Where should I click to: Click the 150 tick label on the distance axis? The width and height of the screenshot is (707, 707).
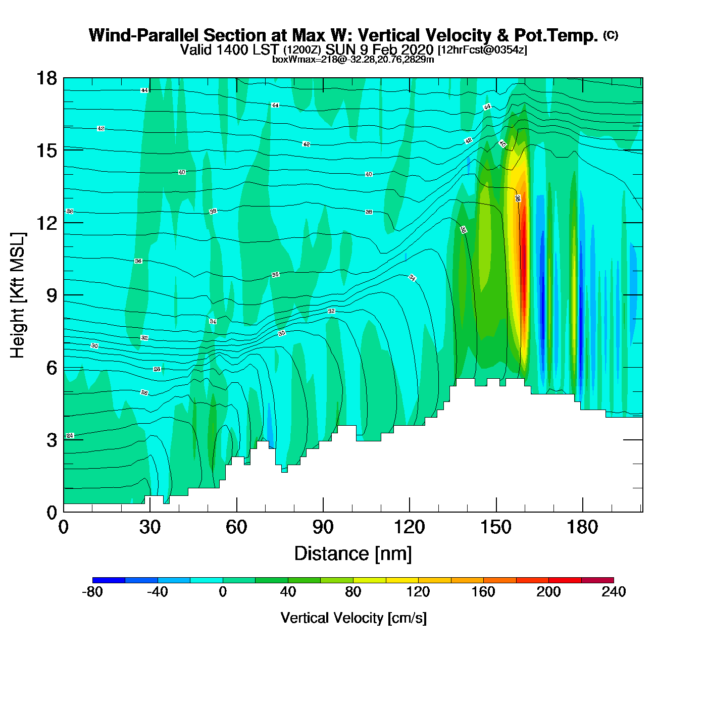click(x=496, y=527)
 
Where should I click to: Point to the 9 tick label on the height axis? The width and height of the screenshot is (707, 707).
click(x=52, y=295)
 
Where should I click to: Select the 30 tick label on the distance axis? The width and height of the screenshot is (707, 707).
click(x=150, y=527)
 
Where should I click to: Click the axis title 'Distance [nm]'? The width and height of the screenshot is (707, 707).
click(x=353, y=554)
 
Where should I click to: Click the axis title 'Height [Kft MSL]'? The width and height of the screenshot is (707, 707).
click(x=17, y=295)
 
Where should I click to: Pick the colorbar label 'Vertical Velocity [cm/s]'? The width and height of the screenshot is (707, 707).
click(x=353, y=618)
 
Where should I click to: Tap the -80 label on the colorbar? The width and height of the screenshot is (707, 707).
click(x=92, y=592)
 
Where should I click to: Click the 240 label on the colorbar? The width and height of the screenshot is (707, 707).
click(x=614, y=592)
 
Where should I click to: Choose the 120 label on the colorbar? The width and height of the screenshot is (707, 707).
click(x=418, y=592)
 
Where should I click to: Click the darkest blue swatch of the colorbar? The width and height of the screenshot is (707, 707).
click(x=109, y=580)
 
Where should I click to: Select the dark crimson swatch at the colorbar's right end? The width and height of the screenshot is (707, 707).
click(x=597, y=580)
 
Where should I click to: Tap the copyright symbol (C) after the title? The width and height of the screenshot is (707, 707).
click(x=611, y=35)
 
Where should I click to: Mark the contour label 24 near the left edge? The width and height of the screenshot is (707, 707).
click(x=70, y=435)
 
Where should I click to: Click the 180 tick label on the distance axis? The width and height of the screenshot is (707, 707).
click(x=582, y=527)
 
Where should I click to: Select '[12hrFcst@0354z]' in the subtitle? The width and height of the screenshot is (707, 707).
click(x=482, y=49)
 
